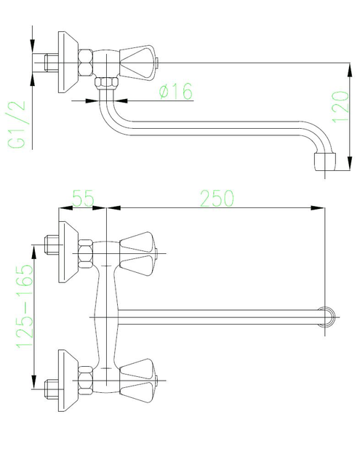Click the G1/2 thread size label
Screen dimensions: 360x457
pos(17,124)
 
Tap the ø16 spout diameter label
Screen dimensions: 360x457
pos(176,91)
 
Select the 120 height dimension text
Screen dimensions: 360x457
pos(340,107)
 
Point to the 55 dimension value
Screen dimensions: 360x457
pos(84,198)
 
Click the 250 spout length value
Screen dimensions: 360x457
pos(217,198)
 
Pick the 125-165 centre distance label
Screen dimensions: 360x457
pos(25,306)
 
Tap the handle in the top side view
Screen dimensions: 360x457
pos(139,62)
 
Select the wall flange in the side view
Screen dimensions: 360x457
pos(68,62)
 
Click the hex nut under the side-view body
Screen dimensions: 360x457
pos(107,83)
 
